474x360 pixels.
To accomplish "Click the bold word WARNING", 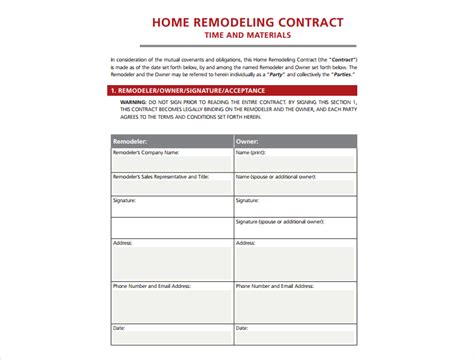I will point(137,102).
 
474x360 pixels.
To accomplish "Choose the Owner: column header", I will point(247,141).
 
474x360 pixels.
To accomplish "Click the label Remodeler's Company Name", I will point(146,153).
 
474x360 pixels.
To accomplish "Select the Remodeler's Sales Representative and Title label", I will point(161,176).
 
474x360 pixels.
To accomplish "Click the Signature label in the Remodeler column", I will point(125,200).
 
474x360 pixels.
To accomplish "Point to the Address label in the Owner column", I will point(246,243).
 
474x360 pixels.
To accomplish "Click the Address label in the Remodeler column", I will point(123,243).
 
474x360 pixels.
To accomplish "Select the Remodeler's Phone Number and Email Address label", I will point(151,286).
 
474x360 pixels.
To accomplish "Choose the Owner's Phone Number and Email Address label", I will point(274,286).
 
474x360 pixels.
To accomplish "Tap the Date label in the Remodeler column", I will point(119,327).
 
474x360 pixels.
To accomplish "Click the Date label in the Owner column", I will point(242,327).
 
